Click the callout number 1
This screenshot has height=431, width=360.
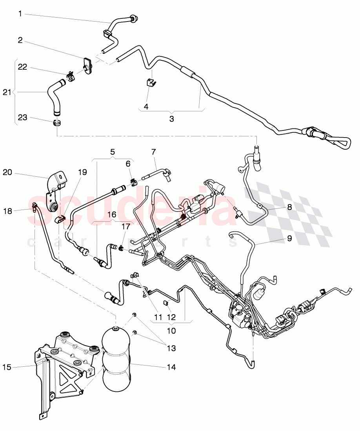[x=20, y=14]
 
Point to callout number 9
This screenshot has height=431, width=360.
[x=289, y=238]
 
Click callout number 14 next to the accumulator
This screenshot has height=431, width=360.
[x=171, y=367]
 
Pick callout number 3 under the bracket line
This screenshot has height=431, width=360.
[x=171, y=119]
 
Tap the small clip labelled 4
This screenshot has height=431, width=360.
[x=151, y=83]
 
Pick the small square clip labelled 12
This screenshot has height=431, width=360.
[x=166, y=302]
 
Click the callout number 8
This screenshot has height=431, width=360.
[x=289, y=208]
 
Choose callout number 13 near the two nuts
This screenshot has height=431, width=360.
[x=171, y=348]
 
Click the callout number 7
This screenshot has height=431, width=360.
[x=153, y=151]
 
